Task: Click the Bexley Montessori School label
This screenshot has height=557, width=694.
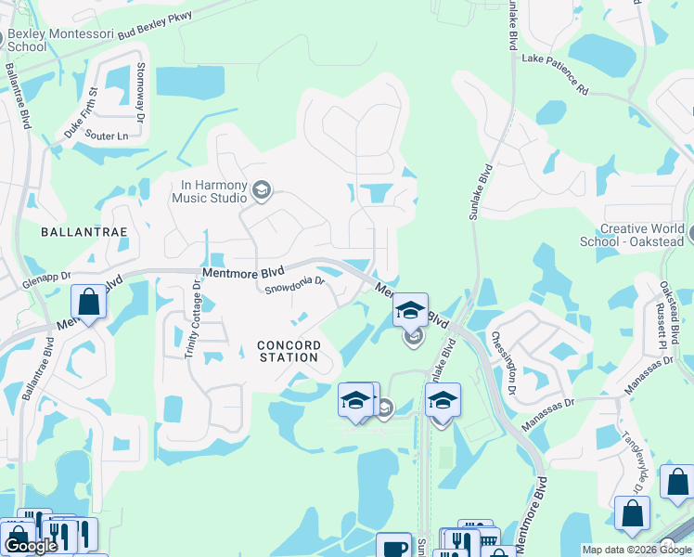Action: pos(39,40)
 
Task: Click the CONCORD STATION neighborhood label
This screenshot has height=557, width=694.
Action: pos(289,351)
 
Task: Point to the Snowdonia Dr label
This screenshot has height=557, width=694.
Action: pos(294,285)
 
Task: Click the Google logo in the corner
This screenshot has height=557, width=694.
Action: pos(30,546)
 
